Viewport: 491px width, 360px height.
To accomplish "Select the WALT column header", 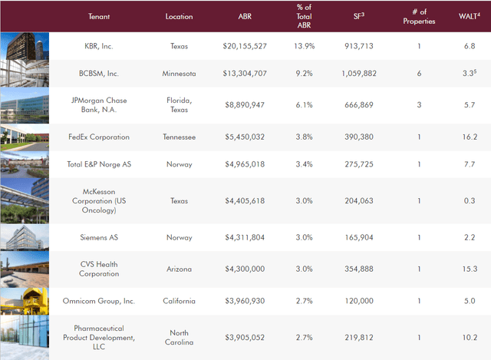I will pyautogui.click(x=468, y=16).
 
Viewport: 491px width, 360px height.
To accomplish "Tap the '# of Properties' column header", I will pyautogui.click(x=419, y=16).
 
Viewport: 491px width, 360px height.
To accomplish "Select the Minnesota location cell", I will pyautogui.click(x=179, y=74).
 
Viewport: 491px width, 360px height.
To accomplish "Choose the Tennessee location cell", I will pyautogui.click(x=179, y=137).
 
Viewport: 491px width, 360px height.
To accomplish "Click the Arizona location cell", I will pyautogui.click(x=179, y=269).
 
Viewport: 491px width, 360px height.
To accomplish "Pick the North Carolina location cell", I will pyautogui.click(x=179, y=336).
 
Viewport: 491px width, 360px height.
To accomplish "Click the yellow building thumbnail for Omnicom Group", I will pyautogui.click(x=24, y=300).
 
